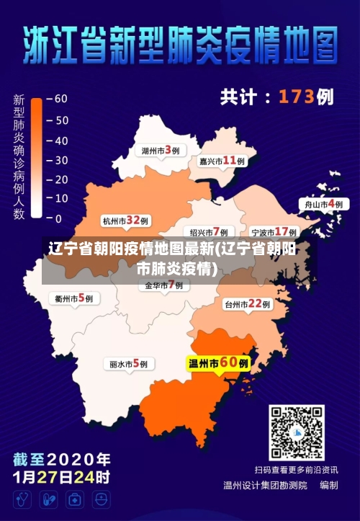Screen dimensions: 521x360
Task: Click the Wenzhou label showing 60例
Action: pos(219,363)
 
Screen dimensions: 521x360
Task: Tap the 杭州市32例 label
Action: pos(125,221)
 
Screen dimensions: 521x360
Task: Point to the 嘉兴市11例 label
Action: pos(222,161)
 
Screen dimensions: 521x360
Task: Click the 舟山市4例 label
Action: pos(323,205)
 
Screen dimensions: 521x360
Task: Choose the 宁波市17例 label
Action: pos(274,232)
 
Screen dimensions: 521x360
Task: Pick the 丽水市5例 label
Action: pos(128,364)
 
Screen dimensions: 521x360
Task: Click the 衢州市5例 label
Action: pos(73,298)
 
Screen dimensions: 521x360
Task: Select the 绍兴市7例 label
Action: pos(209,232)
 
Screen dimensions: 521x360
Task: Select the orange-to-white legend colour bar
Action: pos(37,159)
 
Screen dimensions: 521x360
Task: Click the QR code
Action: pos(297,432)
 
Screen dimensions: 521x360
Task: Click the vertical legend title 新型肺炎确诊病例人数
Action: pos(19,156)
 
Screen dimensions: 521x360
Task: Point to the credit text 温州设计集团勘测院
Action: pos(264,486)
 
